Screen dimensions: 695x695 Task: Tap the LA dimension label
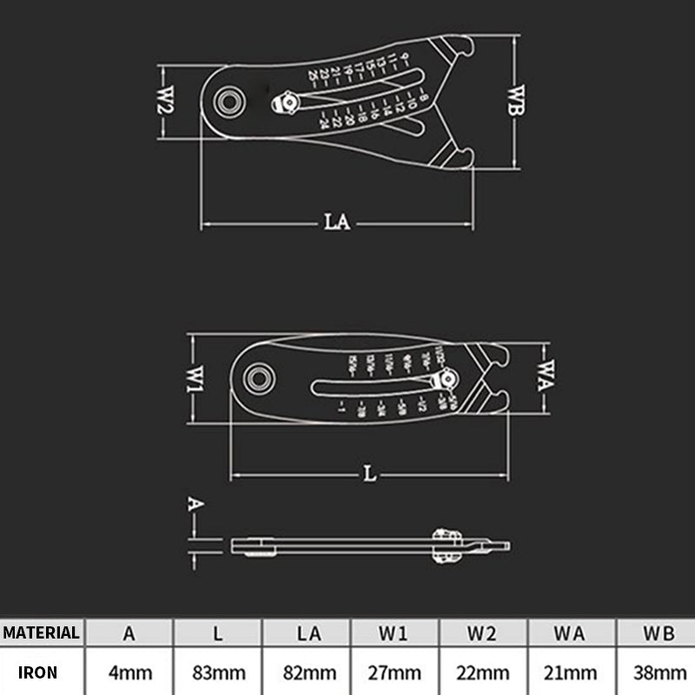(337, 222)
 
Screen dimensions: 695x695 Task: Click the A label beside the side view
(195, 504)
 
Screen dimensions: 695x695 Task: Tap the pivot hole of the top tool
(231, 100)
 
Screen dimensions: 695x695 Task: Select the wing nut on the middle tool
(447, 380)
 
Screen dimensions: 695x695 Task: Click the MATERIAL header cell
(41, 632)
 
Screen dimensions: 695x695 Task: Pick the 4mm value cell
(129, 672)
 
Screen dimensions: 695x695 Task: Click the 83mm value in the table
(218, 672)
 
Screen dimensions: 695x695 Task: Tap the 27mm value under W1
(395, 672)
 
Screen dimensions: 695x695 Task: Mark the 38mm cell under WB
(659, 672)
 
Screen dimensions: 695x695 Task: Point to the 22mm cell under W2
(483, 672)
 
